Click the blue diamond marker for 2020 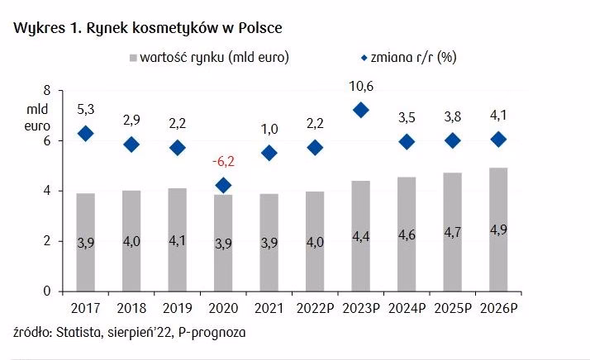(223, 186)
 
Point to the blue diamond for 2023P (360, 111)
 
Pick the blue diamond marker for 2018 (131, 144)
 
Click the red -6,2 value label (224, 161)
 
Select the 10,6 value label (360, 85)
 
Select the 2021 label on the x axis (269, 309)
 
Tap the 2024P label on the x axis (406, 309)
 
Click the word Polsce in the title (257, 28)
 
